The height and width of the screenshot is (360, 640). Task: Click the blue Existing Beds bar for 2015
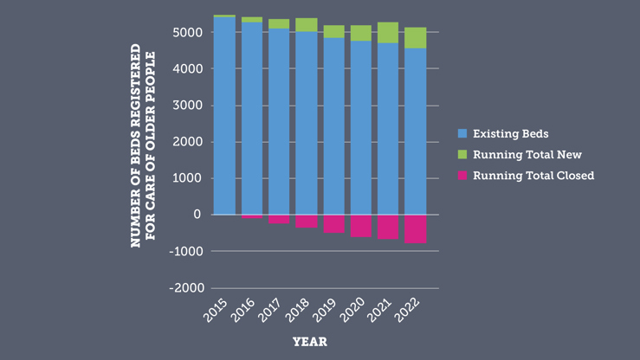coord(224,116)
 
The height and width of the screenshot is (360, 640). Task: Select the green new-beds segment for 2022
coord(415,37)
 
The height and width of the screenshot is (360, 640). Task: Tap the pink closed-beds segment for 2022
coord(415,229)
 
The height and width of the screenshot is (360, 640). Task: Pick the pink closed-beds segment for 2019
coord(333,224)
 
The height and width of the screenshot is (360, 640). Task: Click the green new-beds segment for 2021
coord(388,33)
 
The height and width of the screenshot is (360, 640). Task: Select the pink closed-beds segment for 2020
coord(360,226)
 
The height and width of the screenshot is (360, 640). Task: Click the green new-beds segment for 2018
coord(307,25)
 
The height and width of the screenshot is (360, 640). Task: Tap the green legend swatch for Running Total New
coord(462,155)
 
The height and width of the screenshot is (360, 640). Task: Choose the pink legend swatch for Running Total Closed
coord(462,176)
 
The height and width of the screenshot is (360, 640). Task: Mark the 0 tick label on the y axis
coord(197,215)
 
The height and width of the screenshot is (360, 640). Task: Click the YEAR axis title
coord(309,342)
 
